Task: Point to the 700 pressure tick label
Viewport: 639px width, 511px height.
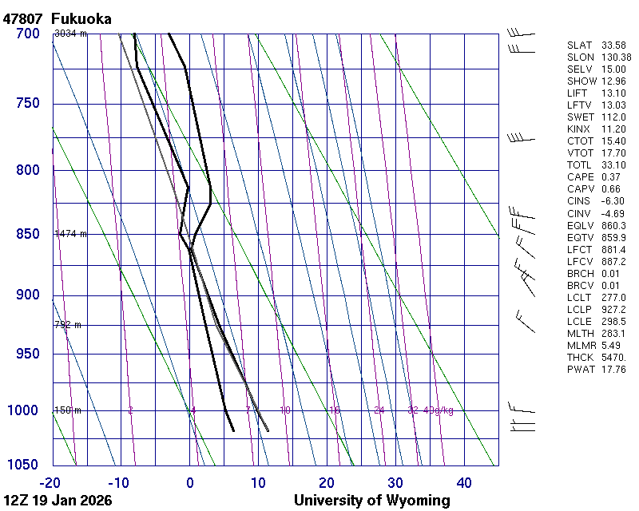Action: [27, 34]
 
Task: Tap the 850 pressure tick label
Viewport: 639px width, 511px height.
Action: [27, 234]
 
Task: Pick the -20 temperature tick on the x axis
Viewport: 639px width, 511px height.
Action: [50, 482]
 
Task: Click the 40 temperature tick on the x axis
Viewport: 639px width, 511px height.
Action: [464, 482]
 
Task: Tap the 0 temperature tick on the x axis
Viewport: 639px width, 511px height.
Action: [190, 482]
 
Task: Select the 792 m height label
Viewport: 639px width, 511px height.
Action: [68, 325]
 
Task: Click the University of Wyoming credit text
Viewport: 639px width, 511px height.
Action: [371, 501]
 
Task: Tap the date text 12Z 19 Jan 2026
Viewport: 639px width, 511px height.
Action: [58, 501]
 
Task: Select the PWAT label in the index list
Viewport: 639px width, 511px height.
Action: [580, 369]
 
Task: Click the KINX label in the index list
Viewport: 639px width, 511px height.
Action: [579, 129]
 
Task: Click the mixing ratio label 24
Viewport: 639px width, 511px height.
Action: [379, 410]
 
